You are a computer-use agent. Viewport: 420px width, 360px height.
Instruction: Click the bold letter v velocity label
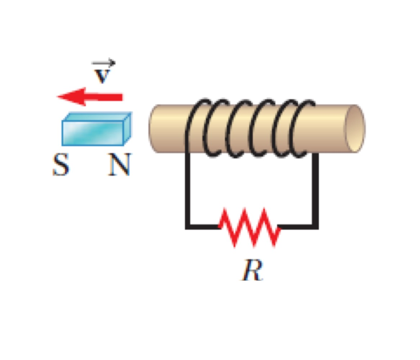point(102,76)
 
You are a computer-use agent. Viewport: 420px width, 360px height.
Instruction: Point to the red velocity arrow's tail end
point(122,97)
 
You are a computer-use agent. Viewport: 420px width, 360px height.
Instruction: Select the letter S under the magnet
point(60,165)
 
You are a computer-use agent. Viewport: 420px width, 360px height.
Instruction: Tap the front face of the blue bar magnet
point(92,133)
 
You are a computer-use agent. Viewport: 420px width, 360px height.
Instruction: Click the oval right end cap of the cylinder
point(355,129)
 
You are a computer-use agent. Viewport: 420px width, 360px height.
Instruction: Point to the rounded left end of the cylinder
point(153,129)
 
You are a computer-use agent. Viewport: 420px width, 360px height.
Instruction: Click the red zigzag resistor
point(249,227)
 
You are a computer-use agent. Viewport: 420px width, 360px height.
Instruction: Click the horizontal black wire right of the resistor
point(297,227)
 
